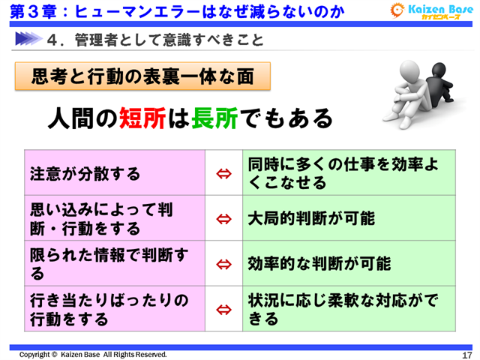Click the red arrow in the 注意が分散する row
(223, 174)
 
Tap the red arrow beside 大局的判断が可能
(223, 219)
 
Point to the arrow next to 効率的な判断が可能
(223, 264)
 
